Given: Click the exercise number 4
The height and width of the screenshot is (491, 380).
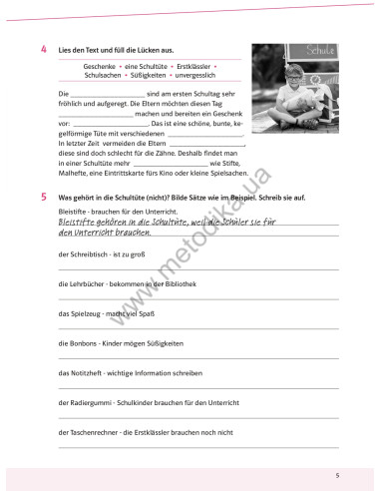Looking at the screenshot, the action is (45, 48).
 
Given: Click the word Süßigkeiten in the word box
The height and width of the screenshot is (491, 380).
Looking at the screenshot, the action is (148, 74).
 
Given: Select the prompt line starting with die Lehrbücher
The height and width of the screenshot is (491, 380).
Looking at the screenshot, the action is (121, 285).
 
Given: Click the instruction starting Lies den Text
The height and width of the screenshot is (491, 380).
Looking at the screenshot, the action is (118, 48).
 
